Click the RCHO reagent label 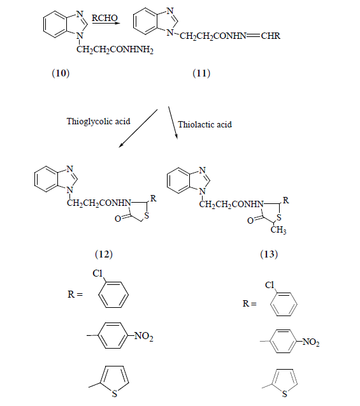pos(104,18)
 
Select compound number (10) pos(61,73)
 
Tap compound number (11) pos(201,73)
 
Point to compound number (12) pos(104,254)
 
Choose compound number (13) pos(269,254)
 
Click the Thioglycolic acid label pos(98,121)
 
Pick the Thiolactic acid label pos(205,124)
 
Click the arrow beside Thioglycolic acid pos(138,129)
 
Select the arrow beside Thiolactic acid pos(173,123)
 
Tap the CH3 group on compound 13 pos(278,229)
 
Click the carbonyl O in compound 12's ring pos(118,219)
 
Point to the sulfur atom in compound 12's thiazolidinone pos(147,215)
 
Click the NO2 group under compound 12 pos(144,336)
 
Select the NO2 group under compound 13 pos(311,342)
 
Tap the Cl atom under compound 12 pos(97,273)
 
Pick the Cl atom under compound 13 pos(270,285)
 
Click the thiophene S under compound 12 pos(115,394)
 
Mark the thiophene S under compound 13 pos(285,394)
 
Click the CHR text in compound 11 pos(270,36)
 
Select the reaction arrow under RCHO pos(106,24)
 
